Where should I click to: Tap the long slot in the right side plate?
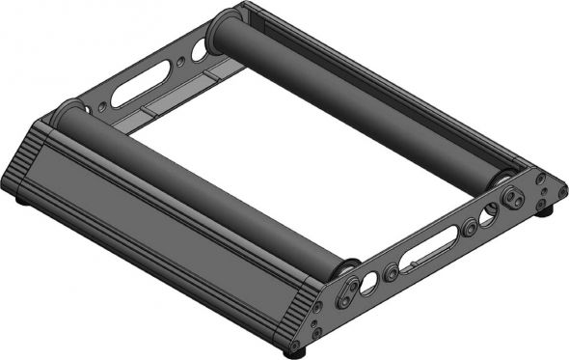pyautogui.click(x=430, y=253)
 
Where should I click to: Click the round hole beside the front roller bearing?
pyautogui.click(x=368, y=284)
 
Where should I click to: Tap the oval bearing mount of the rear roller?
pyautogui.click(x=512, y=199)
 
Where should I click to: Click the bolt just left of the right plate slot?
pyautogui.click(x=392, y=274)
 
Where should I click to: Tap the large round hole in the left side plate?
pyautogui.click(x=199, y=50)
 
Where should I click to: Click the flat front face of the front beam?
pyautogui.click(x=164, y=241)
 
